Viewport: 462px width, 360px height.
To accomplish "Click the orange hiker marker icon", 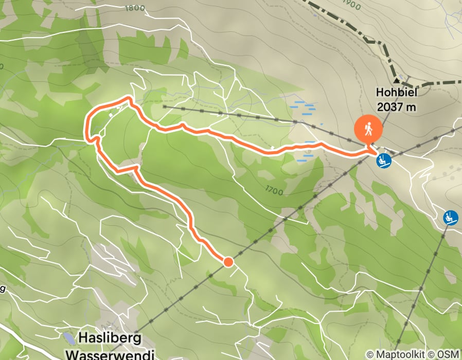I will (368, 130).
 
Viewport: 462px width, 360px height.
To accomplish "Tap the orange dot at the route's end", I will (228, 262).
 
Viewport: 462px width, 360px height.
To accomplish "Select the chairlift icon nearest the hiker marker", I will (384, 161).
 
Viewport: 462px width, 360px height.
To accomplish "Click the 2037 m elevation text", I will (396, 107).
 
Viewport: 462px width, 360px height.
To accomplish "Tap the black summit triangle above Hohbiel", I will (396, 80).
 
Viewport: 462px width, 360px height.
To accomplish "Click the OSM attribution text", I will (448, 354).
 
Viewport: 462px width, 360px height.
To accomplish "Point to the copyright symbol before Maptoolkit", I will (371, 354).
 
